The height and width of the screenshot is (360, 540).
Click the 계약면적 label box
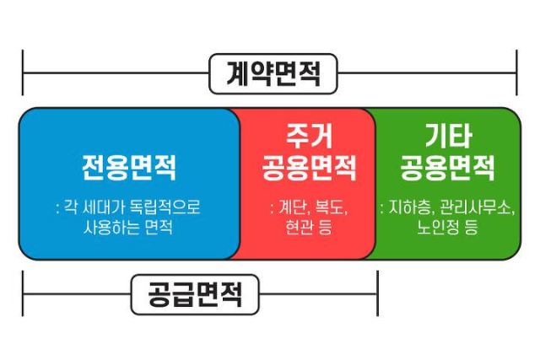(273, 73)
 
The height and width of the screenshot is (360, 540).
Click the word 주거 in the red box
(308, 135)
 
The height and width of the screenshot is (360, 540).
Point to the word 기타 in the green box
(448, 135)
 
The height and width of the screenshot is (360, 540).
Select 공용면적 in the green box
(448, 168)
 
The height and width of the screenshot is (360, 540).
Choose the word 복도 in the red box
(330, 207)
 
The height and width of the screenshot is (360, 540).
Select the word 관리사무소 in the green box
(477, 207)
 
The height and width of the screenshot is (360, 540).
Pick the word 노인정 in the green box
(438, 226)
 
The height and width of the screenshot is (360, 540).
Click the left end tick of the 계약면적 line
(24, 73)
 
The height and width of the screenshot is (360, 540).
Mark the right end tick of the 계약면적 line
(516, 73)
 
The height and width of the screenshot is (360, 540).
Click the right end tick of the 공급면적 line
(377, 294)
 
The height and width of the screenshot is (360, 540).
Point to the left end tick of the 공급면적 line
(24, 294)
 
